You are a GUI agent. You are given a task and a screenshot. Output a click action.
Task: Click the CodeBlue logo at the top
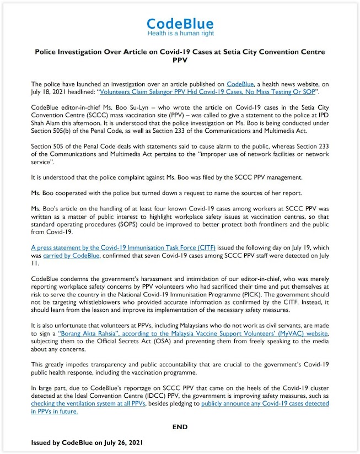coord(180,23)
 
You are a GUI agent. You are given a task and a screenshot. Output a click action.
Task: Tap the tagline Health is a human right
coord(180,34)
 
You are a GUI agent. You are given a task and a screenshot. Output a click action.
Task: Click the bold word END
coord(180,427)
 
